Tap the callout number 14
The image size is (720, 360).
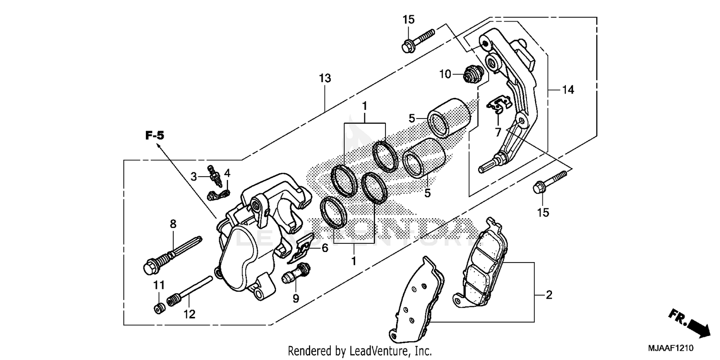click(x=568, y=90)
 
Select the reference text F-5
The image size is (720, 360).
click(x=155, y=135)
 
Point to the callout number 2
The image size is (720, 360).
click(x=549, y=295)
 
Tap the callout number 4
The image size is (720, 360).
click(x=227, y=172)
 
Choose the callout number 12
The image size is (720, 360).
click(x=189, y=314)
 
